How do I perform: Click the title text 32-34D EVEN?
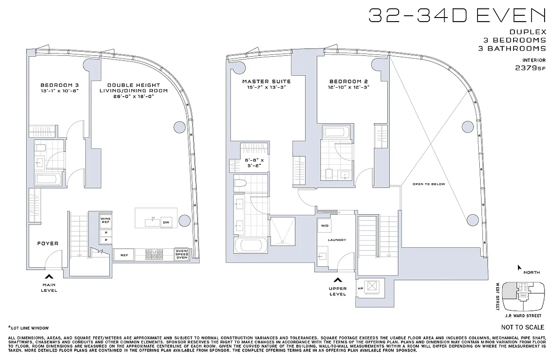(x=456, y=16)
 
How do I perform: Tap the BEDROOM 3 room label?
(x=56, y=85)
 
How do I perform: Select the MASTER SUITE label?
(x=266, y=81)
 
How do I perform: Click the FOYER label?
(x=48, y=243)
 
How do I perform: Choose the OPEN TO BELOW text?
(x=428, y=184)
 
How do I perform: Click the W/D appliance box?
(x=324, y=225)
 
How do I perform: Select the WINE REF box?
(x=106, y=220)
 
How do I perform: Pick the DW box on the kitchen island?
(x=166, y=222)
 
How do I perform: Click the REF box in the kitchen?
(x=124, y=255)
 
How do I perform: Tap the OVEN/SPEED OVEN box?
(x=181, y=255)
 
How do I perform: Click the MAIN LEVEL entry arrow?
(x=49, y=276)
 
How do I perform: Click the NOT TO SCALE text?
(x=522, y=327)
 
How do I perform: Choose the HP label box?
(x=360, y=288)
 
